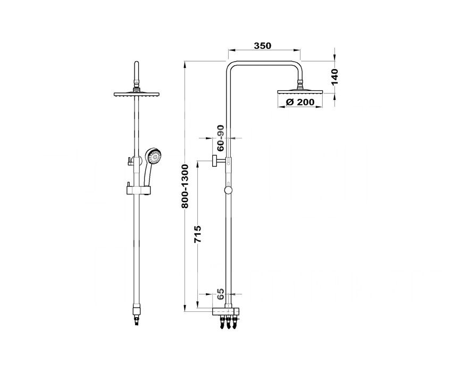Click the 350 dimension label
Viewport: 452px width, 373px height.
tap(263, 46)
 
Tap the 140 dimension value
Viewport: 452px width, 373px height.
tap(334, 77)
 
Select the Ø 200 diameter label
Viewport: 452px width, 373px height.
tap(300, 101)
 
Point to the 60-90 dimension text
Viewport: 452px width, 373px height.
tap(220, 138)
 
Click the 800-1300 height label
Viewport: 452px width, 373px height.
tap(185, 186)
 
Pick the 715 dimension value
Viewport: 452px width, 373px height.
tap(197, 234)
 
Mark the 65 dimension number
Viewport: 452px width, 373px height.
tap(220, 294)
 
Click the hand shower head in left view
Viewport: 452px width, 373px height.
tap(153, 156)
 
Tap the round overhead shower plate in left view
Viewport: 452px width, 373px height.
tap(137, 95)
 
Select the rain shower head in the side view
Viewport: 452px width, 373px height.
tap(300, 92)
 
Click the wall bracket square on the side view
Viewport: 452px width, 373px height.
tap(215, 160)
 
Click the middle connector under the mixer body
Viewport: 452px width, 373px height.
tap(228, 322)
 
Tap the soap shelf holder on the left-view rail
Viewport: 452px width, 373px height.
tap(138, 190)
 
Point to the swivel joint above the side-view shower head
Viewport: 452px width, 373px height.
tap(300, 84)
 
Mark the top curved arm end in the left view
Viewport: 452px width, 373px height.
tap(137, 64)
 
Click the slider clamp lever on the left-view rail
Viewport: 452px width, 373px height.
tap(129, 162)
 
